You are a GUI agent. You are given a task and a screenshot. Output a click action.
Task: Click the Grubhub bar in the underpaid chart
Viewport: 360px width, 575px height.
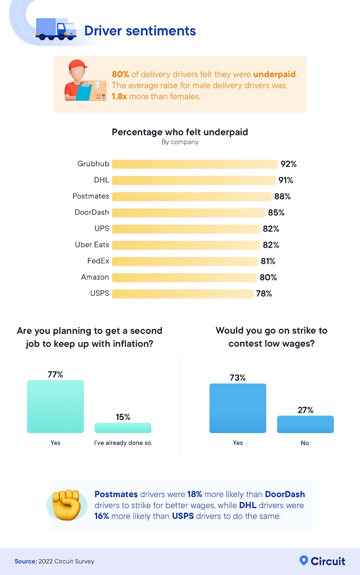(195, 164)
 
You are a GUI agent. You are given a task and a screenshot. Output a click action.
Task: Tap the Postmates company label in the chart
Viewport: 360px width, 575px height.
(91, 196)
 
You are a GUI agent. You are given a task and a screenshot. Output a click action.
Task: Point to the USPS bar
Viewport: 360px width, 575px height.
(182, 294)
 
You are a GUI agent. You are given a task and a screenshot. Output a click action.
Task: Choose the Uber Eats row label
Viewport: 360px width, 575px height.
(92, 245)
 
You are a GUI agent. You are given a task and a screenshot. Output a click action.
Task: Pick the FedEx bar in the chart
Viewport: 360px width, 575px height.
(185, 261)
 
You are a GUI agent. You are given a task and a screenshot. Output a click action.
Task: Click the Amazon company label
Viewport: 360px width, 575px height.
(95, 277)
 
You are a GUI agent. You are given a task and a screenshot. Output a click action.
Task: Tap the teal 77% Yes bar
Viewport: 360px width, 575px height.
(55, 406)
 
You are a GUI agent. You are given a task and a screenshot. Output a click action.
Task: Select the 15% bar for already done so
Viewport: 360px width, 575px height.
(123, 428)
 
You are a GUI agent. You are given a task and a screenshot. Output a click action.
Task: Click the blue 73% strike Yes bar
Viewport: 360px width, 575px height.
(238, 408)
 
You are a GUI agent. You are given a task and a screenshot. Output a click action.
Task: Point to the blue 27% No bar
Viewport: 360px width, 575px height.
(305, 424)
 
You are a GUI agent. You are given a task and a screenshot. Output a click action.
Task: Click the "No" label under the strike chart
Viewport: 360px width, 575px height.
(305, 443)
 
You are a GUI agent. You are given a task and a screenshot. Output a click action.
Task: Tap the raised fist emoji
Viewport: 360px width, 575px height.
(66, 504)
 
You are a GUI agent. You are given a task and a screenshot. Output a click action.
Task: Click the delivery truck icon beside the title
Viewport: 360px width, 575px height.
(56, 29)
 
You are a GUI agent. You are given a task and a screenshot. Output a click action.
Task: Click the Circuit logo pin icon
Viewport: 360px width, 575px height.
(304, 560)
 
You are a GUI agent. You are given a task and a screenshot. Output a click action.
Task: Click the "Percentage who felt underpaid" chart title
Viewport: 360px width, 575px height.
(180, 132)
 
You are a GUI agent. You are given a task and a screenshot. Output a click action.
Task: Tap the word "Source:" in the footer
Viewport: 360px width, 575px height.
(25, 561)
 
